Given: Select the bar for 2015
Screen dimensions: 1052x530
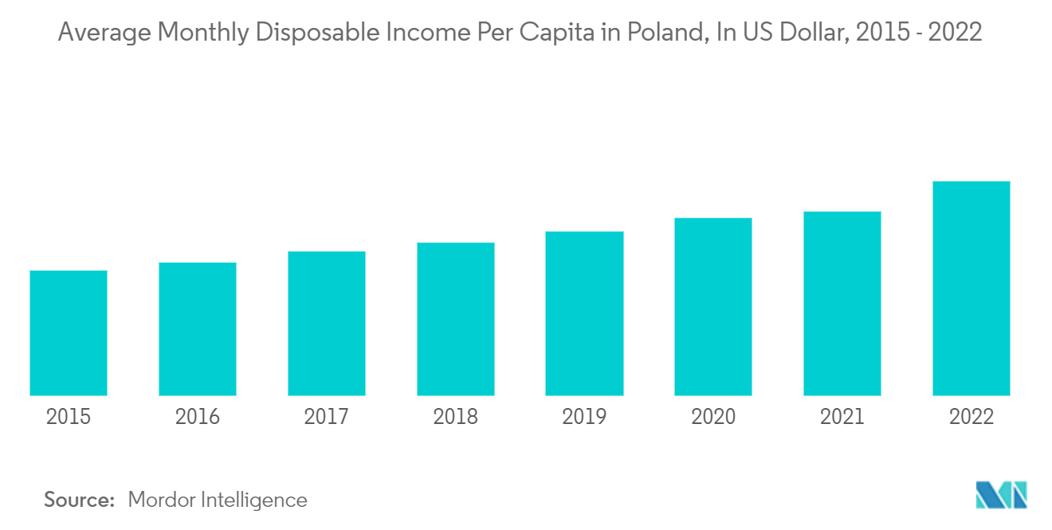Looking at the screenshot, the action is [x=69, y=332].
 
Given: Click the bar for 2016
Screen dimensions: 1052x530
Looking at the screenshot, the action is [x=198, y=329].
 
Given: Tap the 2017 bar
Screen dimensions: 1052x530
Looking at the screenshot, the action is [x=327, y=324].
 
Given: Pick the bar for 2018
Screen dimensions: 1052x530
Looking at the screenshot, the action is [x=456, y=319].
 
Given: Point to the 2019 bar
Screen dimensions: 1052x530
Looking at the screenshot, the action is [x=585, y=313].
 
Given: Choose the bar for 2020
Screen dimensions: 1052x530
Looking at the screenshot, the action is [x=713, y=306].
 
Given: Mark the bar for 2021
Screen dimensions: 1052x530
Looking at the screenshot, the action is [x=842, y=304].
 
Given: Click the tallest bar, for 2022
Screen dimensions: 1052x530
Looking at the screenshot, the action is [x=972, y=289].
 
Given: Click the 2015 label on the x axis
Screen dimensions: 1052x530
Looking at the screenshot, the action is [x=69, y=417].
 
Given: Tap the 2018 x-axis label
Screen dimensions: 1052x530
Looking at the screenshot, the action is [x=456, y=417].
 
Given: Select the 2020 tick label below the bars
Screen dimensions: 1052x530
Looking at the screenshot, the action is [x=713, y=417].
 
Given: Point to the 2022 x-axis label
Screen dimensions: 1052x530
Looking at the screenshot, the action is [x=972, y=417].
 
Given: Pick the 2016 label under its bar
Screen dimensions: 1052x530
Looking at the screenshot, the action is [x=198, y=417].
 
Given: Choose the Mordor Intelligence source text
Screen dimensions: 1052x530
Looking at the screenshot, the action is [x=218, y=501].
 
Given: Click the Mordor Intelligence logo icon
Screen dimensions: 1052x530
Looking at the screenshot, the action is [x=1002, y=495].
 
